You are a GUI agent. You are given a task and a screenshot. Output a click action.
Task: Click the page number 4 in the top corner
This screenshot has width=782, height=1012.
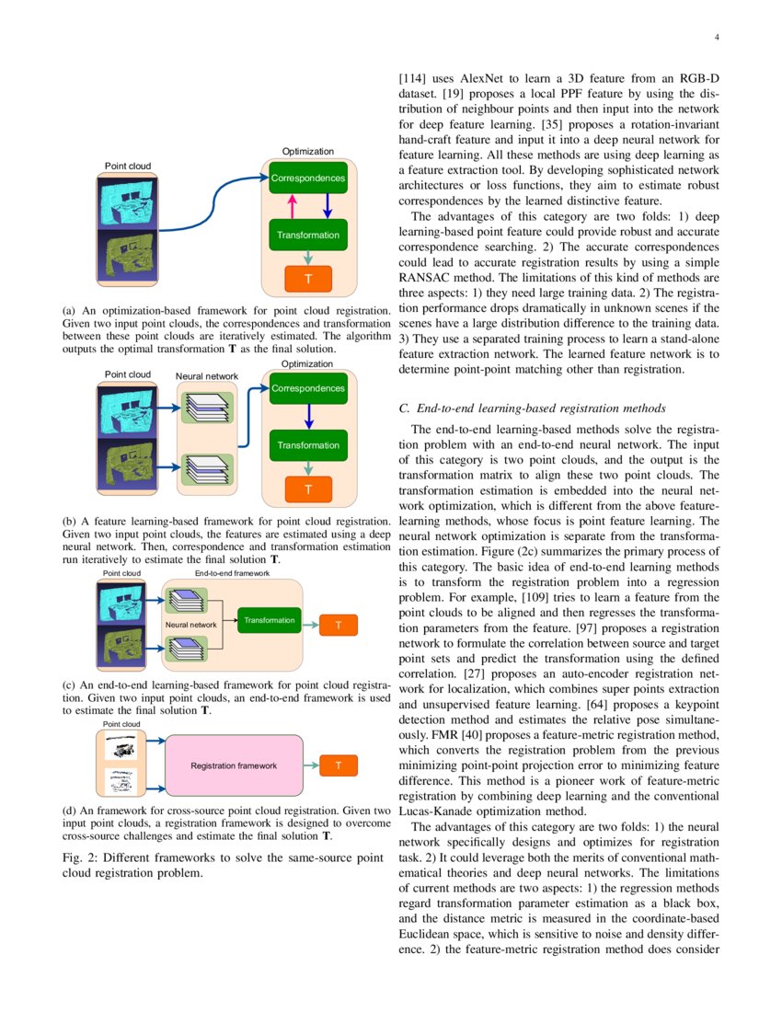tap(715, 38)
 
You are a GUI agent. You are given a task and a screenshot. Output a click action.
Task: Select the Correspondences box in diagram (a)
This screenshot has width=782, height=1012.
tap(307, 178)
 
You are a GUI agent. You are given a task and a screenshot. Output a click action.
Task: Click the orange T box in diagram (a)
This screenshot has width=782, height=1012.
tap(307, 278)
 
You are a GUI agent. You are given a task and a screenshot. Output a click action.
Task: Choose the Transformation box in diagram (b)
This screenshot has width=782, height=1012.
tap(307, 446)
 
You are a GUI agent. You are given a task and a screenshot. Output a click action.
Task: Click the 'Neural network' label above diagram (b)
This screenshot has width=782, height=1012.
tap(206, 376)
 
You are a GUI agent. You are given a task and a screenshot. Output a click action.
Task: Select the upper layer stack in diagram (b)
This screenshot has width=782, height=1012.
tap(206, 408)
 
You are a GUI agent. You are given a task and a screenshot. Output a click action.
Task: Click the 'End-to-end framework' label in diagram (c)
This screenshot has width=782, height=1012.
tap(232, 572)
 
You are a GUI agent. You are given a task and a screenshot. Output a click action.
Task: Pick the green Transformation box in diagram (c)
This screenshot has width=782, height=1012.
tap(270, 621)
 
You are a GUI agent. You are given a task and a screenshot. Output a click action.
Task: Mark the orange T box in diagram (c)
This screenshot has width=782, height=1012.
tap(339, 626)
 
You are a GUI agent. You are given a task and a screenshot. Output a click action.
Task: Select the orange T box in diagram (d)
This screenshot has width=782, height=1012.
tap(339, 765)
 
